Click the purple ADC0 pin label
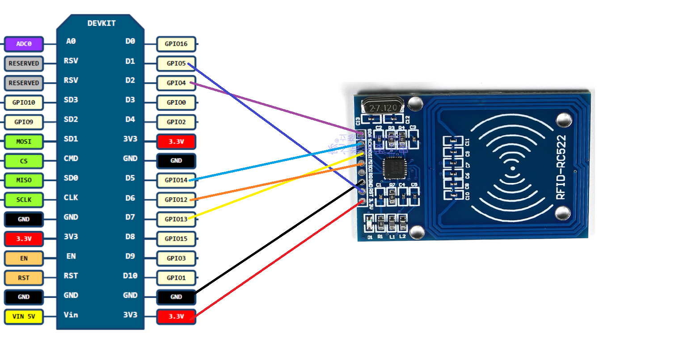(x=24, y=44)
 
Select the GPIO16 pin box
(x=176, y=44)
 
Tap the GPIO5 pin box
(x=176, y=64)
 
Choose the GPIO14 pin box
(x=176, y=180)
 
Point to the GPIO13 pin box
(x=176, y=219)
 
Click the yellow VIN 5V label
(x=24, y=317)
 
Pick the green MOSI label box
(x=24, y=141)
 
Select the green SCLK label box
(x=24, y=200)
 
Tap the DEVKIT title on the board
(x=101, y=23)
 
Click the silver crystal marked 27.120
(x=383, y=108)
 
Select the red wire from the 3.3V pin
(x=277, y=259)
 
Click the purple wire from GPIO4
(x=277, y=108)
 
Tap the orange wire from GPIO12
(x=277, y=182)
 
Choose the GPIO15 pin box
(x=176, y=239)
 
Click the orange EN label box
(x=24, y=258)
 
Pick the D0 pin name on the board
(x=130, y=41)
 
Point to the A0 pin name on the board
(x=71, y=41)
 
